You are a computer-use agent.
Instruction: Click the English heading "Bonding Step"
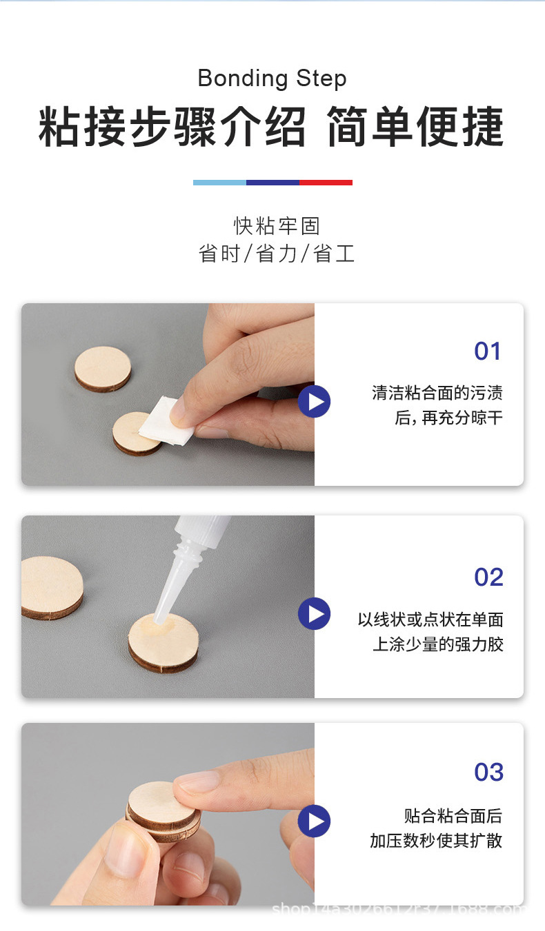(272, 79)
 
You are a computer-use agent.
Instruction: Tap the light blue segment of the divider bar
(219, 183)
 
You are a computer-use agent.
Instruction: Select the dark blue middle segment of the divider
(272, 183)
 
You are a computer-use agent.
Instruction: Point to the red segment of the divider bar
(326, 183)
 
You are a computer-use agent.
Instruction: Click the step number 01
(488, 351)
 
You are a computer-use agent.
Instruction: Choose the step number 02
(488, 577)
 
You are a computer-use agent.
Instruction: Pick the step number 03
(488, 773)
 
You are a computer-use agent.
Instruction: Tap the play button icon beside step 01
(315, 402)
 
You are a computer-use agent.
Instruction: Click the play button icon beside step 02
(315, 613)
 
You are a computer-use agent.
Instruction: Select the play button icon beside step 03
(315, 821)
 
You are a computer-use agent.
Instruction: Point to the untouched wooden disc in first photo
(103, 369)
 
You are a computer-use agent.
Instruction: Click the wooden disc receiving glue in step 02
(163, 642)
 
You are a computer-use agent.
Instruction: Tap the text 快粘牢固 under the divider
(277, 226)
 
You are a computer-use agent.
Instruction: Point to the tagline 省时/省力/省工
(277, 254)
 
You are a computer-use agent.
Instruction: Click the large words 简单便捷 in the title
(415, 127)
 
